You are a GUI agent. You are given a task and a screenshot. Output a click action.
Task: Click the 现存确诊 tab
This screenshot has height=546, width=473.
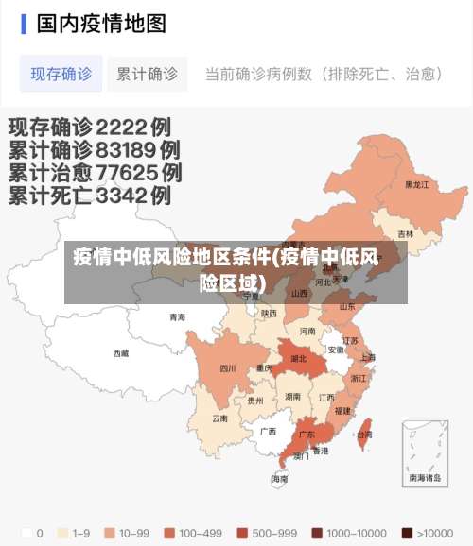(x=61, y=74)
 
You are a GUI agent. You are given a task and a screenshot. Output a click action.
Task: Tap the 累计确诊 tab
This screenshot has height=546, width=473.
(x=147, y=74)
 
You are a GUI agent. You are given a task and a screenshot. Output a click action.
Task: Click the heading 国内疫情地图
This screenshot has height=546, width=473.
(x=101, y=23)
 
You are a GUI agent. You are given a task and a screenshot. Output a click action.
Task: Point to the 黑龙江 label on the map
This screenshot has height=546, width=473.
(x=417, y=185)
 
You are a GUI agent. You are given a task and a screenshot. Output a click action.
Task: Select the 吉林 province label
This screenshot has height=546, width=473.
(x=405, y=234)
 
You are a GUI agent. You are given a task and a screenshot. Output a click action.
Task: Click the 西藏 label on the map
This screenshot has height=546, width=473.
(x=121, y=353)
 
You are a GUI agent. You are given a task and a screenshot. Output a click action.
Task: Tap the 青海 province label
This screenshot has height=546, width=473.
(x=177, y=317)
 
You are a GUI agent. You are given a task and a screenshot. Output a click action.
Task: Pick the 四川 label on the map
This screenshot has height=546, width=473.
(x=228, y=368)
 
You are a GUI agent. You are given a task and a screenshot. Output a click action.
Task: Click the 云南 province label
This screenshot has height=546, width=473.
(x=219, y=418)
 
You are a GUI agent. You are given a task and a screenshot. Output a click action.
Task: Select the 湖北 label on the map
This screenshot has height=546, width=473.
(x=298, y=359)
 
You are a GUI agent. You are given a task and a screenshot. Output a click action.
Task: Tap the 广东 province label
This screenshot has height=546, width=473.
(x=307, y=435)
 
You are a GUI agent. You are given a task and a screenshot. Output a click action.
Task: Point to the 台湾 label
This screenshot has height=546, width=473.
(x=364, y=435)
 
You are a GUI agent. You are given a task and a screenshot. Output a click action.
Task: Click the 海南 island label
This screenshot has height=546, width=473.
(x=280, y=479)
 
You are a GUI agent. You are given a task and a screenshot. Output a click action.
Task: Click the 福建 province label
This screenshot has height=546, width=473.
(x=342, y=411)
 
